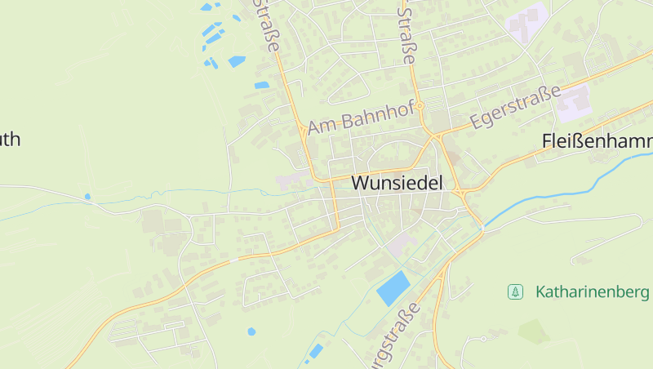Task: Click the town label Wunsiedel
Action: [x=398, y=184]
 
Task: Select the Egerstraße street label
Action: [x=517, y=108]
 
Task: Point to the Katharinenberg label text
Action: [x=593, y=291]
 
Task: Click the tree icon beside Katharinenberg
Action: [x=515, y=291]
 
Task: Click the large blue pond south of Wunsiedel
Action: [x=393, y=288]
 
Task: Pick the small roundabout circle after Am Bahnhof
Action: [x=420, y=106]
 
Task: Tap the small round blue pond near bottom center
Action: [x=251, y=331]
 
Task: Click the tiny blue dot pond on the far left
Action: [x=87, y=197]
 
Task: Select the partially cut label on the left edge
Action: [x=9, y=139]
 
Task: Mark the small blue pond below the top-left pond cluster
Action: [x=261, y=85]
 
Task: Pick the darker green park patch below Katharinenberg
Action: [x=534, y=331]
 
